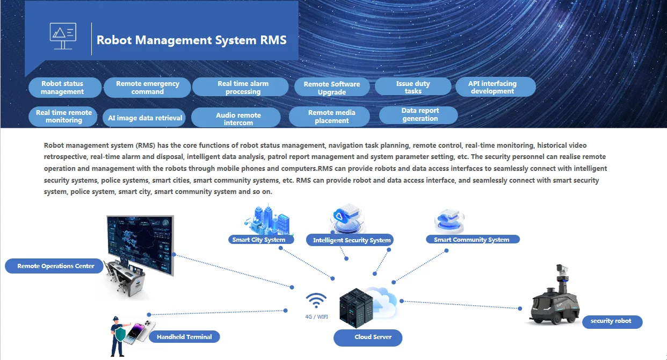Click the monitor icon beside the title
point(63,36)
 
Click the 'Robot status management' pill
point(65,88)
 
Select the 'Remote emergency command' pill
point(147,88)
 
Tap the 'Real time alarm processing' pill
point(240,87)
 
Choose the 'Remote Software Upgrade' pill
point(332,88)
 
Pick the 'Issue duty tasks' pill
point(413,87)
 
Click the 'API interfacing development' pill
point(496,87)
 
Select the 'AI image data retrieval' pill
point(144,118)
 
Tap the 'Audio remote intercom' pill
point(236,118)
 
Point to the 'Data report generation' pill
point(418,115)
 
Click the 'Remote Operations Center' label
point(54,266)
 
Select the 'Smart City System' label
point(261,240)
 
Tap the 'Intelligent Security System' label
point(350,240)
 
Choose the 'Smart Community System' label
point(473,239)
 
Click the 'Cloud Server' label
point(368,337)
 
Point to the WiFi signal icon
point(316,300)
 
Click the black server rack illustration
point(356,308)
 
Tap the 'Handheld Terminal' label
point(184,337)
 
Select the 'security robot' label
point(612,322)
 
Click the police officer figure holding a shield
point(119,336)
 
